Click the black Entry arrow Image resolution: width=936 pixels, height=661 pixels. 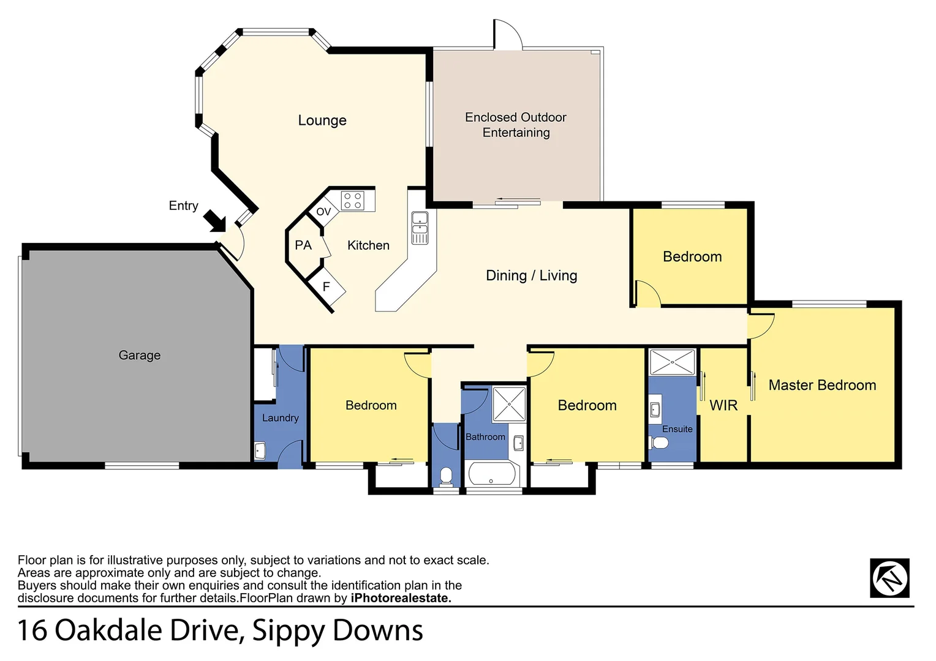(x=215, y=221)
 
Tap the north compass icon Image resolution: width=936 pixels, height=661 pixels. (x=889, y=578)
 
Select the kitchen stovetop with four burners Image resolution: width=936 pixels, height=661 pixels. (x=352, y=201)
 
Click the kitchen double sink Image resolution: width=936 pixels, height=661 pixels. (x=420, y=228)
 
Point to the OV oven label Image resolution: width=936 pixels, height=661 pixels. (x=323, y=212)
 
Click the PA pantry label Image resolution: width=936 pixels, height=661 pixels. (x=303, y=245)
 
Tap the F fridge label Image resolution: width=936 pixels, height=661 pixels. (x=326, y=286)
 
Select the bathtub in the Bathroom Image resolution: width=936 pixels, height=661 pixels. (x=493, y=474)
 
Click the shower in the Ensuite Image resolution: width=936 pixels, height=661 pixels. (x=672, y=362)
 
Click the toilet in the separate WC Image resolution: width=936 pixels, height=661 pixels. (x=446, y=476)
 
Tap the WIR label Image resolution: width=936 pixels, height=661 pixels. (x=723, y=405)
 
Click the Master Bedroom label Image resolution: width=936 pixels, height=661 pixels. (x=822, y=385)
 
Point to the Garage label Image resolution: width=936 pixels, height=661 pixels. (x=140, y=355)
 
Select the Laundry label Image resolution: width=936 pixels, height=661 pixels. (x=280, y=418)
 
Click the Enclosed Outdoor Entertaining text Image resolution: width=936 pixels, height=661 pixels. (x=516, y=125)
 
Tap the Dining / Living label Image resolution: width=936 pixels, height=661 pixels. (x=531, y=275)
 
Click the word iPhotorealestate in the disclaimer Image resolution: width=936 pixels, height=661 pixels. (x=401, y=598)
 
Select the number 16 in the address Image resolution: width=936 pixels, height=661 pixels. (x=32, y=630)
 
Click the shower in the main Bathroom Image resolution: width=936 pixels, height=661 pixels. (x=510, y=404)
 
